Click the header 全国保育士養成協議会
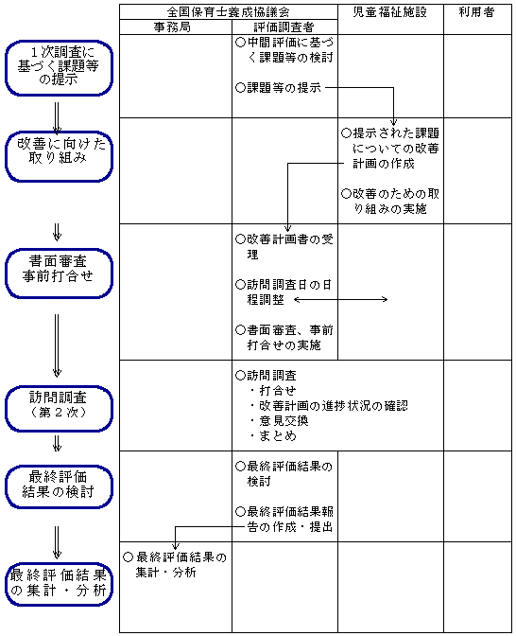coord(228,11)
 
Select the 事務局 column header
coord(175,26)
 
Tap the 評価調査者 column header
coord(284,26)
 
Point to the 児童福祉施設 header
coord(389,11)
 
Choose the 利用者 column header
coord(477,11)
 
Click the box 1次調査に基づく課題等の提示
coord(59,67)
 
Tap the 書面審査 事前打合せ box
coord(59,269)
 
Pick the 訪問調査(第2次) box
coord(59,405)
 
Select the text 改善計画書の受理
coord(283,247)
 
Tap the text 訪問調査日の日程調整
coord(283,291)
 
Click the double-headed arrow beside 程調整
coord(341,299)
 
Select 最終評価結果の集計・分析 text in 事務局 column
coord(176,565)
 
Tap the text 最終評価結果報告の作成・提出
coord(284,519)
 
